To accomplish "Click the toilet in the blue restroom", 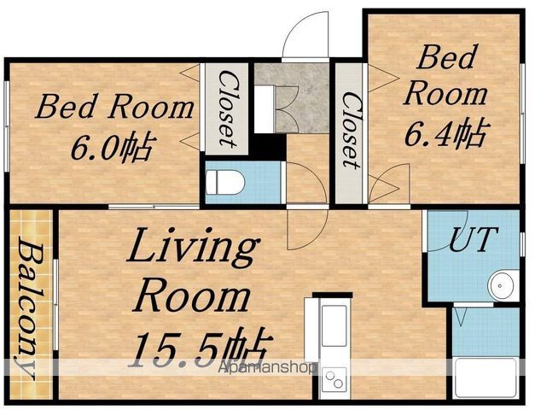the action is click(x=225, y=183).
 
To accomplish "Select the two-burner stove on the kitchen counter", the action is click(x=334, y=379).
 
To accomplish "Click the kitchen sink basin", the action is click(x=334, y=320).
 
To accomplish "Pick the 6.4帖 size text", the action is click(x=445, y=132).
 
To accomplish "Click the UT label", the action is click(x=474, y=239).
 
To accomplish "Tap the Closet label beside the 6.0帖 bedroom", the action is click(x=227, y=108).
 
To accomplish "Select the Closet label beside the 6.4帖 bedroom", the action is click(x=351, y=131).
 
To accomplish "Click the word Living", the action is click(x=192, y=247).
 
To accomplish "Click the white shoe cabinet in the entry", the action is click(x=265, y=109).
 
